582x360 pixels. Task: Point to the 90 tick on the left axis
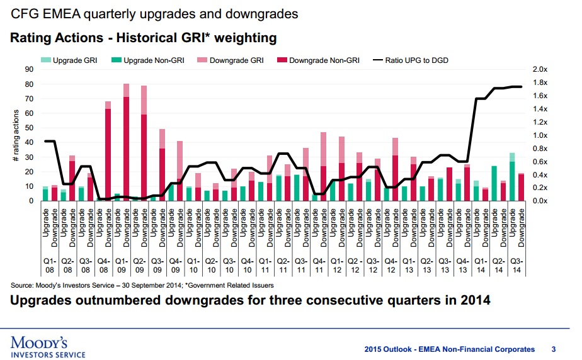[30, 69]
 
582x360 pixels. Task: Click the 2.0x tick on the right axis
[540, 69]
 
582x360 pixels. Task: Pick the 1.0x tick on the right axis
[540, 135]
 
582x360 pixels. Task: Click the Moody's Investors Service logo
[48, 347]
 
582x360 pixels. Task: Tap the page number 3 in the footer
[553, 349]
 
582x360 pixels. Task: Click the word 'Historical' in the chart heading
[140, 38]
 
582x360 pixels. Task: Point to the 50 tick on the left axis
[30, 128]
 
